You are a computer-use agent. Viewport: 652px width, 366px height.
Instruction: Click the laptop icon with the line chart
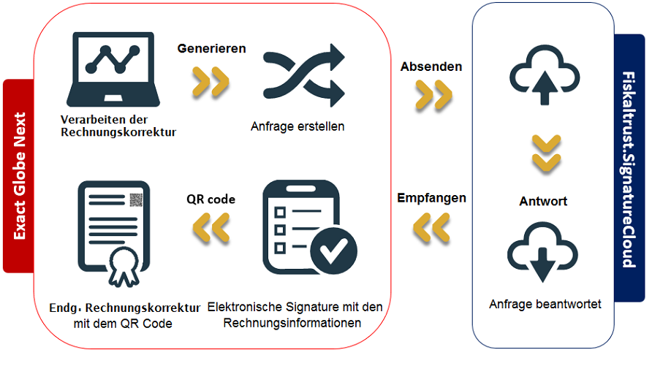click(x=113, y=69)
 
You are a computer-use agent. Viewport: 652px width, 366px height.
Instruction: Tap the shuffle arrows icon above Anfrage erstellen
click(x=303, y=75)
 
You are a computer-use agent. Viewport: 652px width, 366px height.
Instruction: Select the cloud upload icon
click(x=545, y=75)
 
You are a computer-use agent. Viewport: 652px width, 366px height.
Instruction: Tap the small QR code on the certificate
click(x=136, y=200)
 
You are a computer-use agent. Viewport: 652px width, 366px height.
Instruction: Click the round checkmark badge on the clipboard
click(x=333, y=251)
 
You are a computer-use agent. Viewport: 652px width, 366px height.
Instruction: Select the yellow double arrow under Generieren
click(x=211, y=81)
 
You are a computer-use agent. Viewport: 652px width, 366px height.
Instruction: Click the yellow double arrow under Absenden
click(x=433, y=95)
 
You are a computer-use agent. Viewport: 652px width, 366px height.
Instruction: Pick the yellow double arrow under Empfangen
click(x=431, y=228)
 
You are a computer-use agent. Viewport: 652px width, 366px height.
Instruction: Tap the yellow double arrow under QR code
click(x=211, y=227)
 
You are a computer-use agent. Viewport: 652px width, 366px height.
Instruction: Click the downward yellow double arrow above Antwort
click(x=547, y=153)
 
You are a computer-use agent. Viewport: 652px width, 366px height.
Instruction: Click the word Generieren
click(x=212, y=49)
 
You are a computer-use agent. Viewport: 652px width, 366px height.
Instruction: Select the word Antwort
click(x=543, y=202)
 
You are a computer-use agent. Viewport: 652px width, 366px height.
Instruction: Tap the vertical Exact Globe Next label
click(x=20, y=176)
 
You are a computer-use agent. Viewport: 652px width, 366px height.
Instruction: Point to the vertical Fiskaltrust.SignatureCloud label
click(x=629, y=169)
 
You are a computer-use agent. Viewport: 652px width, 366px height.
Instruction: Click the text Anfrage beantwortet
click(x=545, y=304)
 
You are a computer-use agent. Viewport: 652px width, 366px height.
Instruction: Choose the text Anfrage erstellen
click(x=297, y=126)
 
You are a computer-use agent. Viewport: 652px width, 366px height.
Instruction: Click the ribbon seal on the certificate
click(x=124, y=267)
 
